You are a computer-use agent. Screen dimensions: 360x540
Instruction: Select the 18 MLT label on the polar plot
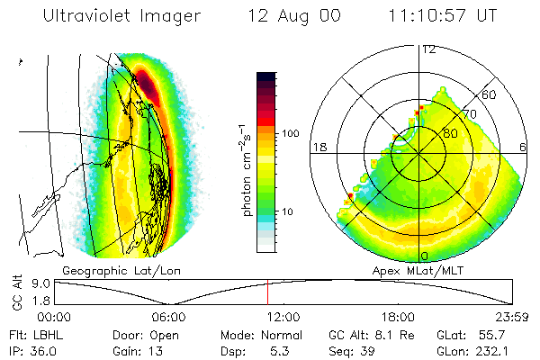pos(319,148)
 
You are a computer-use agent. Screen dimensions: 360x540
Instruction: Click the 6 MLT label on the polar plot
pos(525,148)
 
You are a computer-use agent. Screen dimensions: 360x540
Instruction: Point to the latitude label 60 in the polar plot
pos(490,94)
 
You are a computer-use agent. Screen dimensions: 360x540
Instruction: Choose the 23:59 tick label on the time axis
pos(512,317)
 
